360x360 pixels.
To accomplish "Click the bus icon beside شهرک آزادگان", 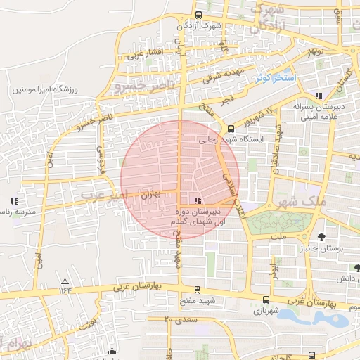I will (199, 15).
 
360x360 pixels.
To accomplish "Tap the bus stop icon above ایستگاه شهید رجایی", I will (231, 128).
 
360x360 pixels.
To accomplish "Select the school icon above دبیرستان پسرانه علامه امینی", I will (319, 95).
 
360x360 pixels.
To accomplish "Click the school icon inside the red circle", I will (195, 201).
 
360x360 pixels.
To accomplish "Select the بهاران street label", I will (148, 192).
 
